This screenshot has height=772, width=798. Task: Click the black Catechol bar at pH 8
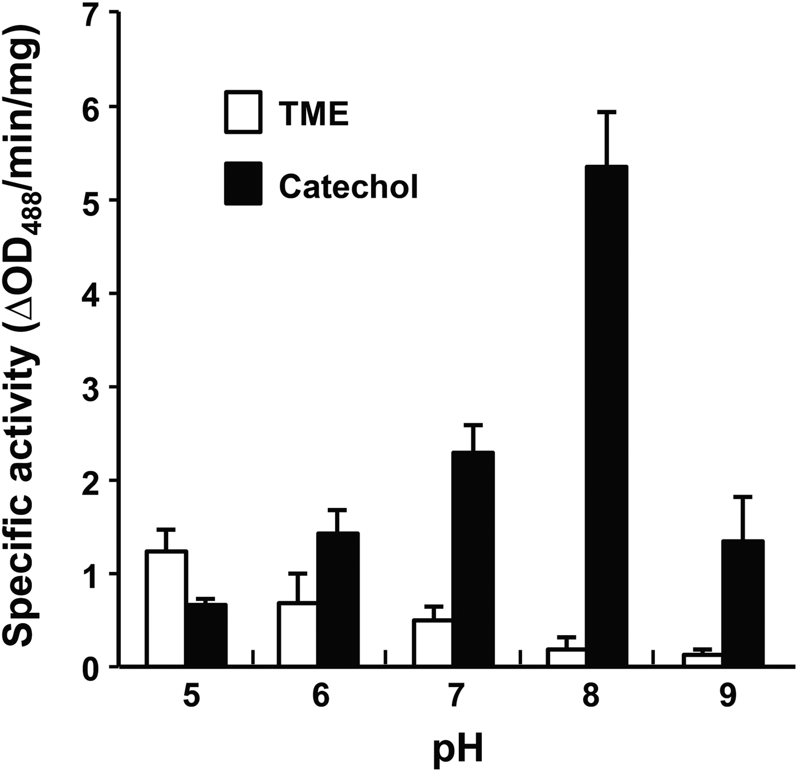606,416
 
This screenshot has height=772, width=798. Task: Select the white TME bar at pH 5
166,608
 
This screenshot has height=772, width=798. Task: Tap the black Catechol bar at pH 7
473,559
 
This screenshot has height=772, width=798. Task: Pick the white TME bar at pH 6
297,633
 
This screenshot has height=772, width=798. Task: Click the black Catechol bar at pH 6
337,599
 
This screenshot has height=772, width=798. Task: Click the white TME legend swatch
243,112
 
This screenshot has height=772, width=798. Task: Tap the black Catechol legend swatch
243,184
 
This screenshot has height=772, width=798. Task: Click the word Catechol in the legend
348,186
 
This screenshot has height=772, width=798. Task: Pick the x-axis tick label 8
591,697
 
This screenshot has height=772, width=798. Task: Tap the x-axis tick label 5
192,697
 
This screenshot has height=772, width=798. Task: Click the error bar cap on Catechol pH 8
607,112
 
